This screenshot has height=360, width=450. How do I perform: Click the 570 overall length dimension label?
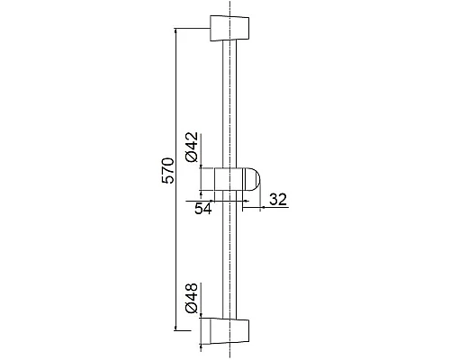167,170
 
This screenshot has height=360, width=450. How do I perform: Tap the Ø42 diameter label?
192,147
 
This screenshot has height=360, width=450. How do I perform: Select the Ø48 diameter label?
192,298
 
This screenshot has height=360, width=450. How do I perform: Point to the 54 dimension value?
203,208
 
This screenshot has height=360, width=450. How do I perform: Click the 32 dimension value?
278,200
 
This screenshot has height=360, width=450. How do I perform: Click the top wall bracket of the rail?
229,28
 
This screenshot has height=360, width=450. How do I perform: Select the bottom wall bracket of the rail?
229,331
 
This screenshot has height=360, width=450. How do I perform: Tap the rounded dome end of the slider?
253,179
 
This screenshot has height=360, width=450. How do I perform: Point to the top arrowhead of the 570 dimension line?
175,31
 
